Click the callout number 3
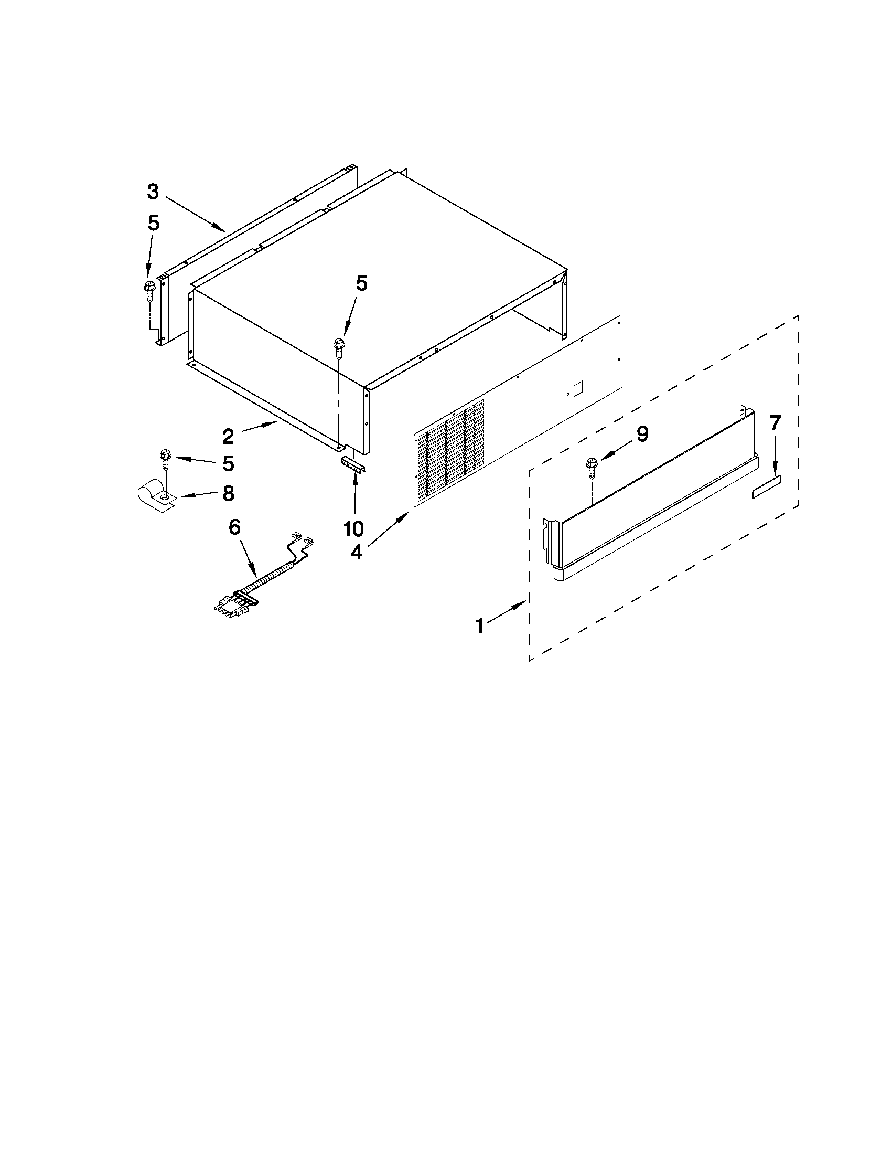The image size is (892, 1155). click(153, 192)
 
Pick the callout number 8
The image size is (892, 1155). click(228, 493)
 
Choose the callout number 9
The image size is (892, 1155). click(641, 434)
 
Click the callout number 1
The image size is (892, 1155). click(480, 626)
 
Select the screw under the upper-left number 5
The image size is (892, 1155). click(147, 290)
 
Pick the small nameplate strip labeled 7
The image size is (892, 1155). click(766, 493)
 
